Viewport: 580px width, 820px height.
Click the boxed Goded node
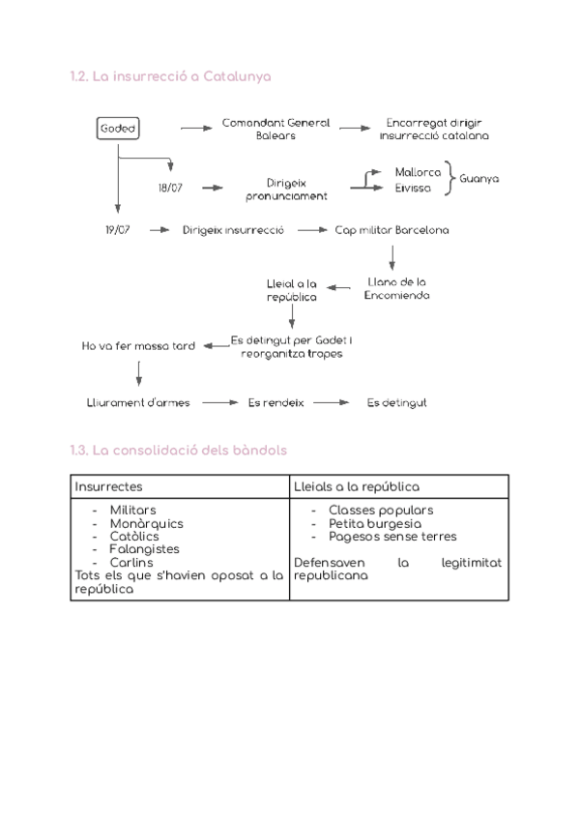(x=118, y=128)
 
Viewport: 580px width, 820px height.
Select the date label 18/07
(x=170, y=188)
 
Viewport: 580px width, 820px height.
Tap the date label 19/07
(x=118, y=230)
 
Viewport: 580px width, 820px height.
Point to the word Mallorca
(x=418, y=172)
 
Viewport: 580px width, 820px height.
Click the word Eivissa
(x=413, y=189)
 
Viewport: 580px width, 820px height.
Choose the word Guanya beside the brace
(x=479, y=179)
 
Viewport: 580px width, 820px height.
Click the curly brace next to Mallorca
(x=449, y=178)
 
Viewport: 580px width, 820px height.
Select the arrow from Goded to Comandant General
(x=196, y=128)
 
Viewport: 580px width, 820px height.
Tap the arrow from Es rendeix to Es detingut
(x=331, y=402)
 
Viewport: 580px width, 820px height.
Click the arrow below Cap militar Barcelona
(x=392, y=257)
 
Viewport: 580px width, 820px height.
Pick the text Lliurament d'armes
(x=138, y=402)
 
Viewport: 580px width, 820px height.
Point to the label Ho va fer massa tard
(x=138, y=346)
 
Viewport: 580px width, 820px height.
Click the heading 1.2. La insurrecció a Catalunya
(x=170, y=77)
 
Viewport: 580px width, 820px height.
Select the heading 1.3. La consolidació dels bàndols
(x=178, y=451)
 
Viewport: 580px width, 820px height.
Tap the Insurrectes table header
(x=108, y=487)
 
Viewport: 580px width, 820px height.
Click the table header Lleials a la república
(x=356, y=487)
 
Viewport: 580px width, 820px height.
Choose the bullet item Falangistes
(x=144, y=549)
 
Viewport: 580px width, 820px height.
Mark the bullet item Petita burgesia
(x=374, y=523)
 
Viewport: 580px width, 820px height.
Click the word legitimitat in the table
(x=471, y=563)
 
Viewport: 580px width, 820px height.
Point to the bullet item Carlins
(x=131, y=563)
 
